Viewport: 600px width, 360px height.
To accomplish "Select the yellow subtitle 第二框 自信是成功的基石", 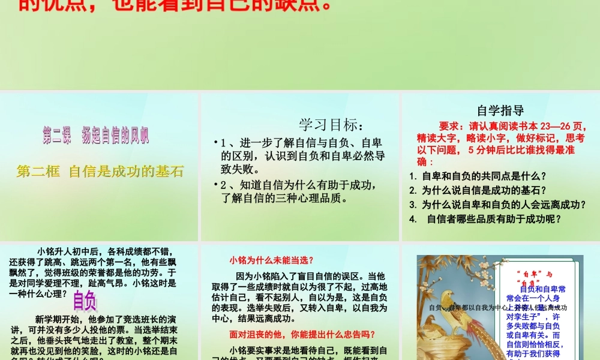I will coord(100,171).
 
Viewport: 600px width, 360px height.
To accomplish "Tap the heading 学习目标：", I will coord(331,125).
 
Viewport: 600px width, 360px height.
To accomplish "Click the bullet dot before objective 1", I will coord(215,143).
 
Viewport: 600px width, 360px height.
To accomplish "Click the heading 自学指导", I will coord(500,110).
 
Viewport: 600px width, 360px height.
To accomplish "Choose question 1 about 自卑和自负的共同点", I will coord(484,176).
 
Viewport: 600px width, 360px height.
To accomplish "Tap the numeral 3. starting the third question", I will coord(413,205).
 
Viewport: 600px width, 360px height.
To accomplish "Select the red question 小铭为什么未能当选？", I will coord(271,260).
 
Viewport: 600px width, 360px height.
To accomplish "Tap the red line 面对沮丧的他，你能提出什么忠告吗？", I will coord(302,334).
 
